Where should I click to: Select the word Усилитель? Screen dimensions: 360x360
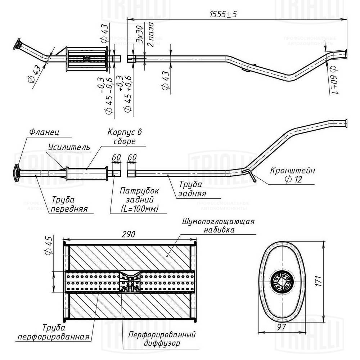(68, 148)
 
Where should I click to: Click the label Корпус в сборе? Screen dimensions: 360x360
(124, 136)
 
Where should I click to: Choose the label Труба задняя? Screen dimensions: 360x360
(192, 189)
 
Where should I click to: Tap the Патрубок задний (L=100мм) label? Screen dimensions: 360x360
(139, 200)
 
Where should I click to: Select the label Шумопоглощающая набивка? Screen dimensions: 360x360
(218, 225)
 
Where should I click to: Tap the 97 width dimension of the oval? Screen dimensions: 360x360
(281, 327)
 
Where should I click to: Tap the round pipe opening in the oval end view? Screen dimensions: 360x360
(280, 281)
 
